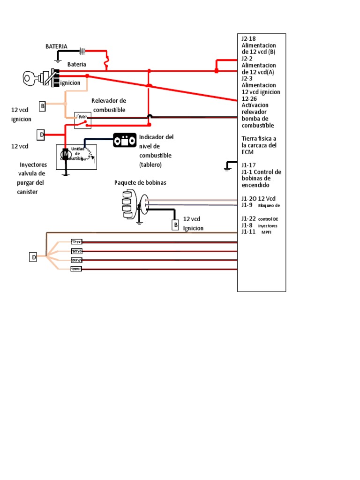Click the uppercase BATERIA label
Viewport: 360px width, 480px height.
tap(56, 46)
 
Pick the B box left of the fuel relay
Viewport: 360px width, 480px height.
tap(42, 106)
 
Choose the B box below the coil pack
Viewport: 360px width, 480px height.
tap(176, 225)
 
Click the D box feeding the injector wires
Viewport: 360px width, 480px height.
tap(33, 257)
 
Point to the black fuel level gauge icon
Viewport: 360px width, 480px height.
tap(125, 140)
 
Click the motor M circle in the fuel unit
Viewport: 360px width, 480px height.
tap(66, 153)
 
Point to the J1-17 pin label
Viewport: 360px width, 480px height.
tap(248, 165)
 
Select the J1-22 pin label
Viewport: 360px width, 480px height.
tap(248, 218)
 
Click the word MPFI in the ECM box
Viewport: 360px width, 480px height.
tap(266, 232)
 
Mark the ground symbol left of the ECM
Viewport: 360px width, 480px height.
tap(229, 165)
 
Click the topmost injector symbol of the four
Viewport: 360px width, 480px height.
tap(76, 242)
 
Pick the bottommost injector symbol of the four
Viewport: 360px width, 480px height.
tap(76, 269)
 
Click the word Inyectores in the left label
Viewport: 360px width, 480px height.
tap(33, 165)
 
